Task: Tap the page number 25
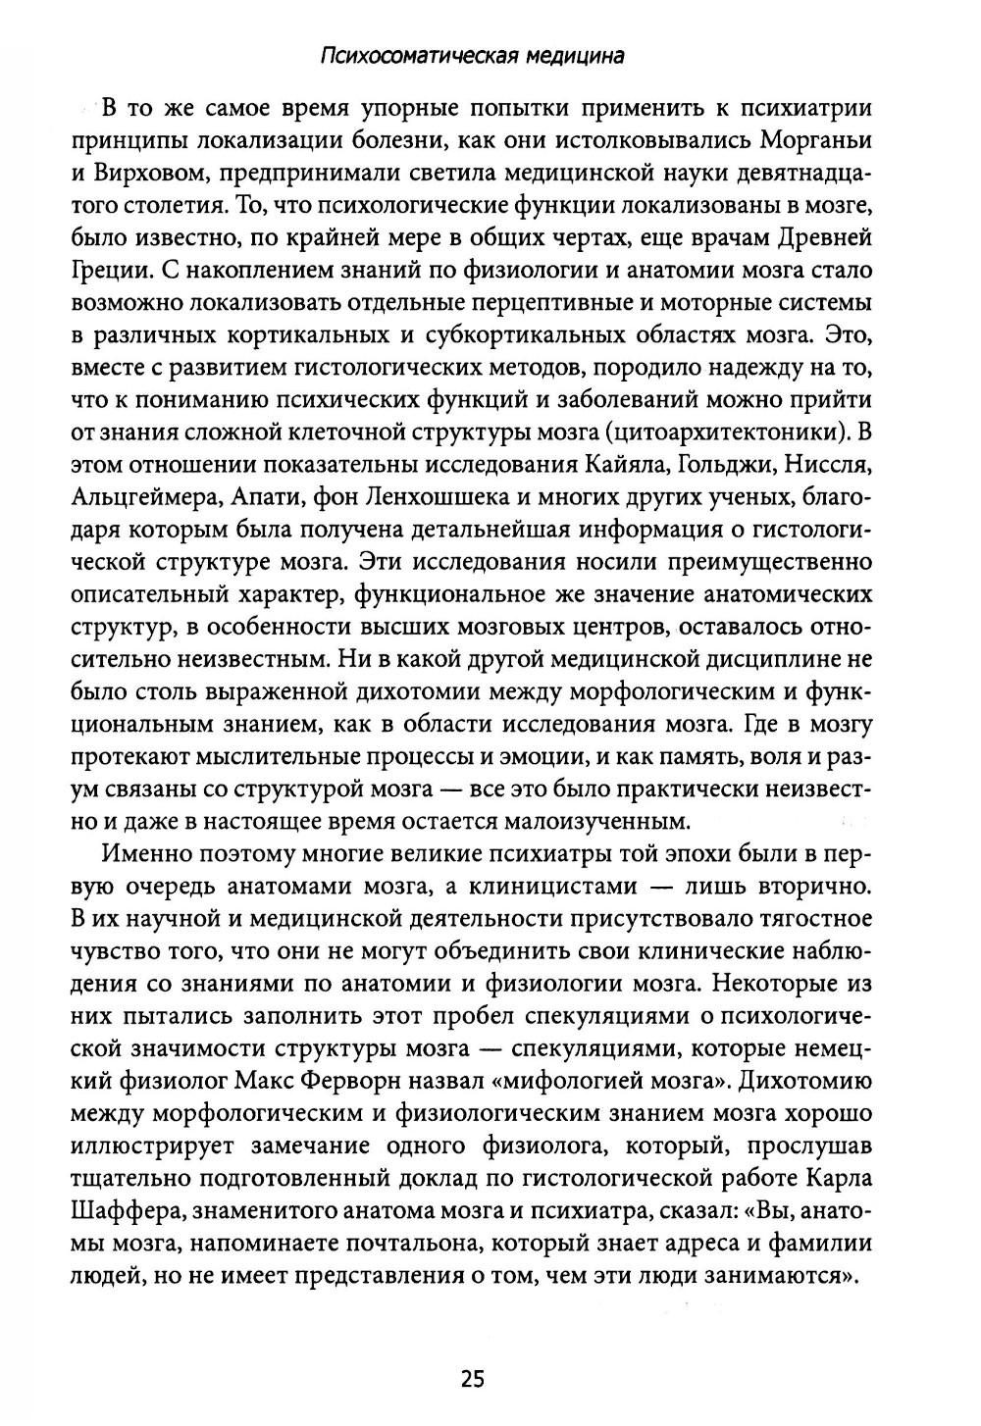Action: pyautogui.click(x=472, y=1379)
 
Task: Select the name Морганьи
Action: pyautogui.click(x=813, y=140)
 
